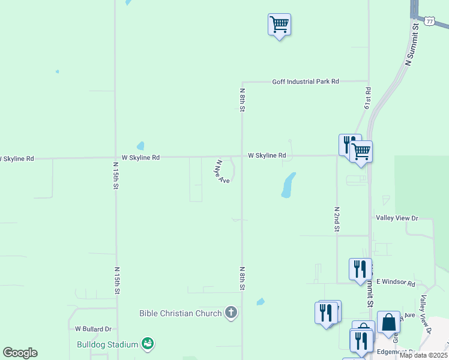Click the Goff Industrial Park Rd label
pyautogui.click(x=306, y=82)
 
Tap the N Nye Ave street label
pyautogui.click(x=221, y=171)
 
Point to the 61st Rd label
pyautogui.click(x=367, y=98)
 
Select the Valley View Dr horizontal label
pyautogui.click(x=396, y=218)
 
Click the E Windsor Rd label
pyautogui.click(x=396, y=282)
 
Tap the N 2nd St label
pyautogui.click(x=337, y=219)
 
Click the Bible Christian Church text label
pyautogui.click(x=180, y=313)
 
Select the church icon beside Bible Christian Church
pyautogui.click(x=231, y=313)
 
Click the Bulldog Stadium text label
pyautogui.click(x=107, y=344)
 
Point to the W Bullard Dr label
pyautogui.click(x=94, y=329)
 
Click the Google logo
pyautogui.click(x=20, y=353)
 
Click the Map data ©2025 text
pyautogui.click(x=423, y=355)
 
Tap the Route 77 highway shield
pyautogui.click(x=429, y=21)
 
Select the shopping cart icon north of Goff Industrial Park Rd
pyautogui.click(x=279, y=25)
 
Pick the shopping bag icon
pyautogui.click(x=389, y=322)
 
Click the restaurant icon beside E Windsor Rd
pyautogui.click(x=360, y=269)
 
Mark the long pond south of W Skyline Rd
pyautogui.click(x=288, y=185)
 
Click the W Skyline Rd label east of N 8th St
pyautogui.click(x=267, y=155)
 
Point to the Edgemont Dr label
pyautogui.click(x=396, y=352)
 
